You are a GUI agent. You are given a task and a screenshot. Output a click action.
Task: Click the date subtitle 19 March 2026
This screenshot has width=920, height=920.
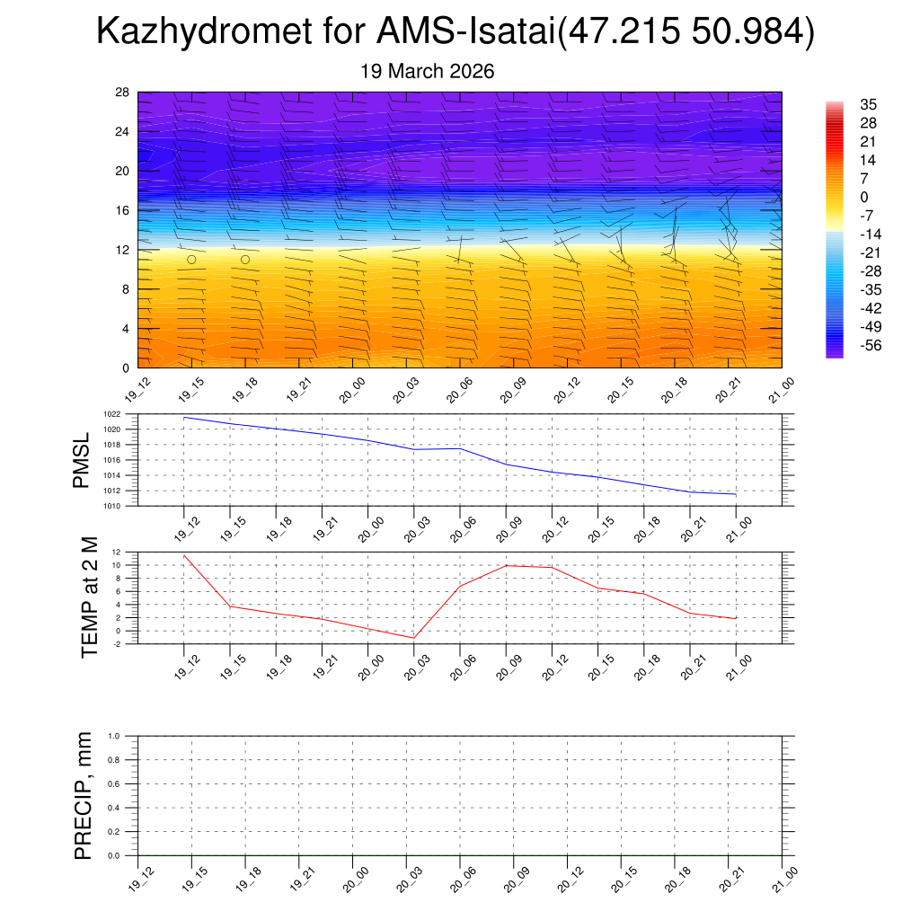coord(427,71)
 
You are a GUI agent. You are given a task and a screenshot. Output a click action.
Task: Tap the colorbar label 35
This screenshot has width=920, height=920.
coord(868,104)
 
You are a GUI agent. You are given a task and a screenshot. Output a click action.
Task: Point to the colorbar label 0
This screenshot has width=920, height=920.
coord(864,198)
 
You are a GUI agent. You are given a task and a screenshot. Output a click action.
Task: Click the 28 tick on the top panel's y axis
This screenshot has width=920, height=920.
coord(123,93)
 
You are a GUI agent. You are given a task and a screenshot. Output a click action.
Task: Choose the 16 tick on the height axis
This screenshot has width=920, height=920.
coord(123,210)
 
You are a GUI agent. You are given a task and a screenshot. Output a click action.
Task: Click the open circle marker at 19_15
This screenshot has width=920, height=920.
coord(191,260)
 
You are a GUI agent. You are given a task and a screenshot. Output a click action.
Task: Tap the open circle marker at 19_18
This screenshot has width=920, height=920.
coord(245,260)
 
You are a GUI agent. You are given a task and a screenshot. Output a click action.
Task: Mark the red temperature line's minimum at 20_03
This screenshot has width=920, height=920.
coord(413,638)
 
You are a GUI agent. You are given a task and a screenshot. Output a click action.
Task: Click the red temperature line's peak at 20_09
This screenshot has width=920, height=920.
coord(506,565)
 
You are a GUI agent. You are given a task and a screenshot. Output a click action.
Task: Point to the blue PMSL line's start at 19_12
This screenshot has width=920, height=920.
coord(184,417)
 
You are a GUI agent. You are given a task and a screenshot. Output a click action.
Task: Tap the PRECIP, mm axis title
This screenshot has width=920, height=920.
coord(84,795)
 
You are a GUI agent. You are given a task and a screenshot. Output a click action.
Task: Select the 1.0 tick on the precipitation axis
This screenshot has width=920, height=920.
coord(114,736)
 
